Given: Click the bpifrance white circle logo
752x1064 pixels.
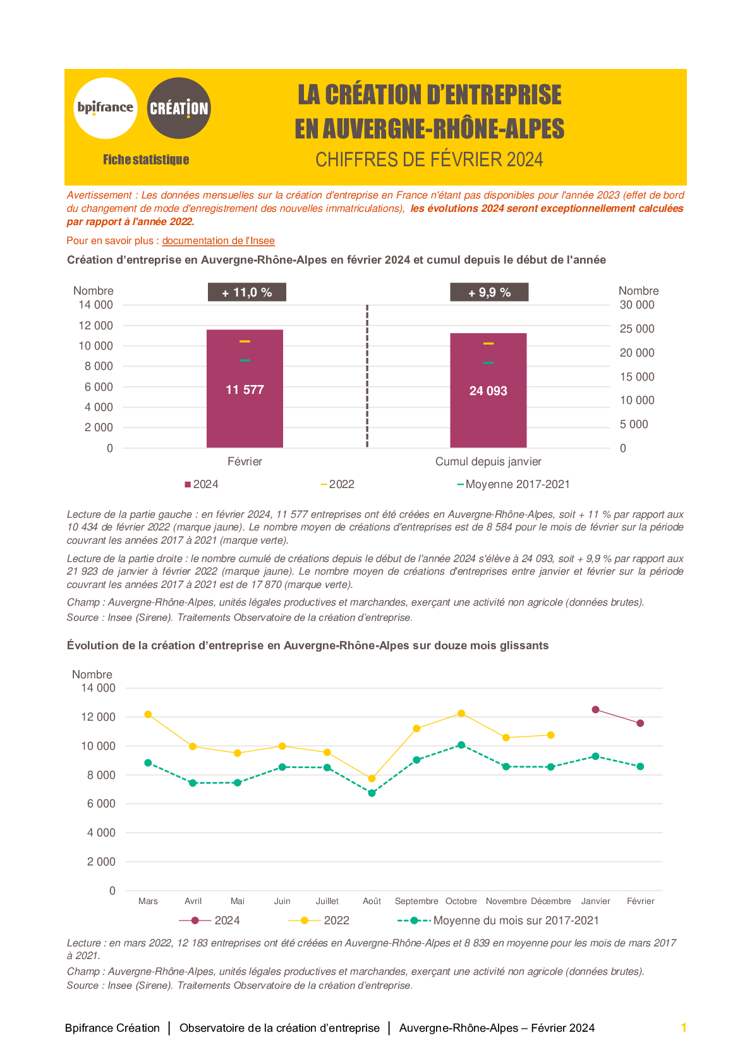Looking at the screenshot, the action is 106,108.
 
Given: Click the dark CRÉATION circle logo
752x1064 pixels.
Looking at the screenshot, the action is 179,108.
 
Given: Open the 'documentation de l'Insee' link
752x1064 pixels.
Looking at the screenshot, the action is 219,241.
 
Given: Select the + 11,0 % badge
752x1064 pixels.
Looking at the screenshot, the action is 247,292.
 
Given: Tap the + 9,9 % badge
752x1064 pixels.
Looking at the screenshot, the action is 489,292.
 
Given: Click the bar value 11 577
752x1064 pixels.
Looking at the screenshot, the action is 245,390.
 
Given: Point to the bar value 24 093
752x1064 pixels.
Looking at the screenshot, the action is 488,391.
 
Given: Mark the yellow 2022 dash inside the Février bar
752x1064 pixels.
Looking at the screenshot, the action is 245,341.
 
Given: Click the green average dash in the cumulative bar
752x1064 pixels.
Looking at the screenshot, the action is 488,363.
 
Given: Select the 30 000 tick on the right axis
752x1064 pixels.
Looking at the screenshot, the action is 636,305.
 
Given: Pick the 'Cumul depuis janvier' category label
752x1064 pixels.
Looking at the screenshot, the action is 488,462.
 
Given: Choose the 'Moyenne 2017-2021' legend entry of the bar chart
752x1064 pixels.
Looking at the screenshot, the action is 513,484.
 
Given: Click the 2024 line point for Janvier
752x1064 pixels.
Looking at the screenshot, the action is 595,710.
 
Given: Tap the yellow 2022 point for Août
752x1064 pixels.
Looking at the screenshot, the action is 372,778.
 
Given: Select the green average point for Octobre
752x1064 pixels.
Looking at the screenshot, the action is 461,745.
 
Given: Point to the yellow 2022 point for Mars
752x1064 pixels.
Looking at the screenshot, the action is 148,714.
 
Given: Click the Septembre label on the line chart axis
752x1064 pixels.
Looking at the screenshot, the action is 416,901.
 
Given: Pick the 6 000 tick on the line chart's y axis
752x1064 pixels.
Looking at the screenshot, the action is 101,804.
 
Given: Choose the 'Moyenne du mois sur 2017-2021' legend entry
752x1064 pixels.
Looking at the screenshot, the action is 498,920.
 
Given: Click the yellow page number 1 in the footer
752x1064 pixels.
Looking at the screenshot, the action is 684,1028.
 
